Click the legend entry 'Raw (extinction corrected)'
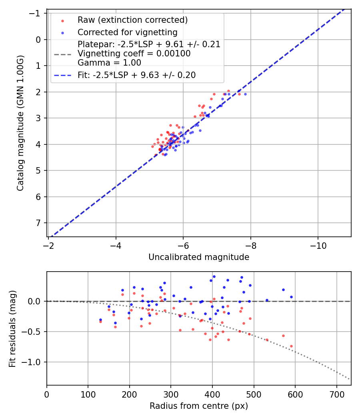coord(132,20)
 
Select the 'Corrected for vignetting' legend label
coord(128,32)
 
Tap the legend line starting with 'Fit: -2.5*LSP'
coord(136,75)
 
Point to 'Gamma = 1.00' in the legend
coord(109,62)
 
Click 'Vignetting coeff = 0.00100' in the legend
coord(134,54)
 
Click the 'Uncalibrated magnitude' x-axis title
coord(199,257)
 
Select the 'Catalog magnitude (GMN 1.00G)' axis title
coord(20,123)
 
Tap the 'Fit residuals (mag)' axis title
coord(12,328)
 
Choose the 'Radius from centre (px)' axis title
coord(199,406)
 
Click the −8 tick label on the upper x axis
coord(250,244)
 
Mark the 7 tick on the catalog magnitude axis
coord(39,223)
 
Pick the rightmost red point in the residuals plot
coord(291,346)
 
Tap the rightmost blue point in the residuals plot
coord(291,297)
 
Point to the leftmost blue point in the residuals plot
coord(100,320)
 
